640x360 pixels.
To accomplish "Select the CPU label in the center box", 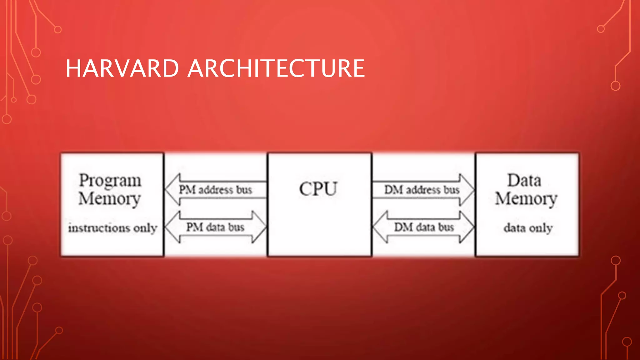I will tap(318, 189).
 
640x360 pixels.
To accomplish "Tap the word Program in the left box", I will tap(110, 181).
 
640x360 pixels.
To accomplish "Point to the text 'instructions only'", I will tap(112, 228).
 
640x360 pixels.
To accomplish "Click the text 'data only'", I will tap(528, 228).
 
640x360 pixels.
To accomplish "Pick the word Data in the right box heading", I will tap(524, 180).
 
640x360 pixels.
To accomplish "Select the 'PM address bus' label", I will tap(215, 190).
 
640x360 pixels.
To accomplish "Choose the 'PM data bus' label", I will tap(215, 227).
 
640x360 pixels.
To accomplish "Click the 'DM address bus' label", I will tap(422, 190).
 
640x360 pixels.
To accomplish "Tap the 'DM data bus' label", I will tap(424, 227).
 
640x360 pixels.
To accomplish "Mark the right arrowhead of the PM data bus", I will tap(259, 227).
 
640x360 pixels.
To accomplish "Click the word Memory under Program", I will tap(109, 199).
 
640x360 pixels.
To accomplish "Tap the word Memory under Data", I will tap(526, 199).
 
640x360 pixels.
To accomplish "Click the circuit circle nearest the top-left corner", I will tap(58, 30).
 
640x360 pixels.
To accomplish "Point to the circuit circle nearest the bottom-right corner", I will tap(627, 342).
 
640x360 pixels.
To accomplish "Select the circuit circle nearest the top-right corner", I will tap(601, 29).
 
